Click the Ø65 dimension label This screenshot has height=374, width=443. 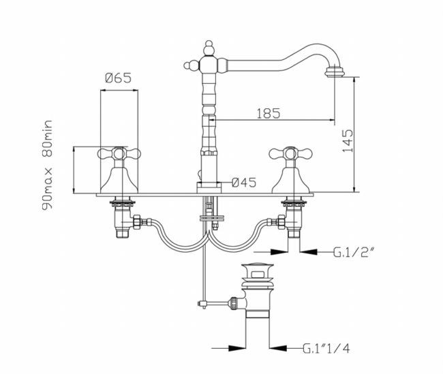pyautogui.click(x=117, y=78)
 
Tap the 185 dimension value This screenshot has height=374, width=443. pyautogui.click(x=269, y=113)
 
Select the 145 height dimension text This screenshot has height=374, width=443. pyautogui.click(x=348, y=141)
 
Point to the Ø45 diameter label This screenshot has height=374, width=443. pyautogui.click(x=243, y=182)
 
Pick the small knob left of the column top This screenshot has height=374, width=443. pyautogui.click(x=188, y=66)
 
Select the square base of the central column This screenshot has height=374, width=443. pyautogui.click(x=208, y=186)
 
